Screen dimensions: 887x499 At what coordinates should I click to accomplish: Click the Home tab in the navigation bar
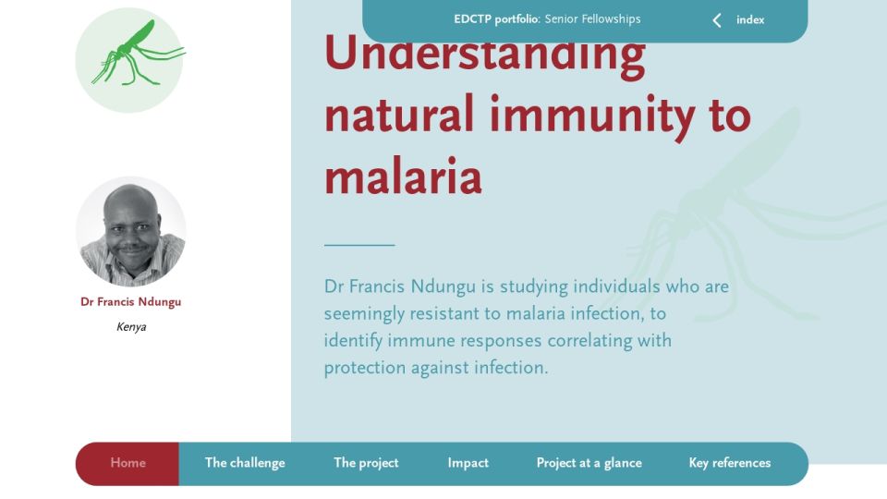click(x=128, y=463)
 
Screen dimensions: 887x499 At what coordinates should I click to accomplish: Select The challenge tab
click(x=245, y=463)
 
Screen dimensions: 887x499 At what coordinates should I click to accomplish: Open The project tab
click(x=366, y=463)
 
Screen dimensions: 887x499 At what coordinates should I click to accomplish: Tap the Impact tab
click(x=468, y=463)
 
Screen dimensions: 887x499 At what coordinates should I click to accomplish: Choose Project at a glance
click(x=589, y=463)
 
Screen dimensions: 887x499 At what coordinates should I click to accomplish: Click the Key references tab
click(x=730, y=463)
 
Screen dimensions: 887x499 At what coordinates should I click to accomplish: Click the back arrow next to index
click(x=717, y=20)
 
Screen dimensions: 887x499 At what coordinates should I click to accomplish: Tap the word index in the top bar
click(x=750, y=19)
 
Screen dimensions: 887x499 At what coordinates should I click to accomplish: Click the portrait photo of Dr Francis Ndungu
click(x=131, y=231)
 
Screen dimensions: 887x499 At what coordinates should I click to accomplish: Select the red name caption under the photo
click(x=130, y=302)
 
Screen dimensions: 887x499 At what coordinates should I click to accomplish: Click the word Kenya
click(x=131, y=327)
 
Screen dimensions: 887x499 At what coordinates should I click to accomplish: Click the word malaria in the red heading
click(x=403, y=176)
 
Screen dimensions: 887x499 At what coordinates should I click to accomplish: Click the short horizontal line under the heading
click(x=359, y=245)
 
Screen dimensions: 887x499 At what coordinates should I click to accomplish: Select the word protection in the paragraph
click(x=365, y=368)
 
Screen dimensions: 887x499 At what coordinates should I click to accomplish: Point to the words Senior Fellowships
click(x=593, y=19)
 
